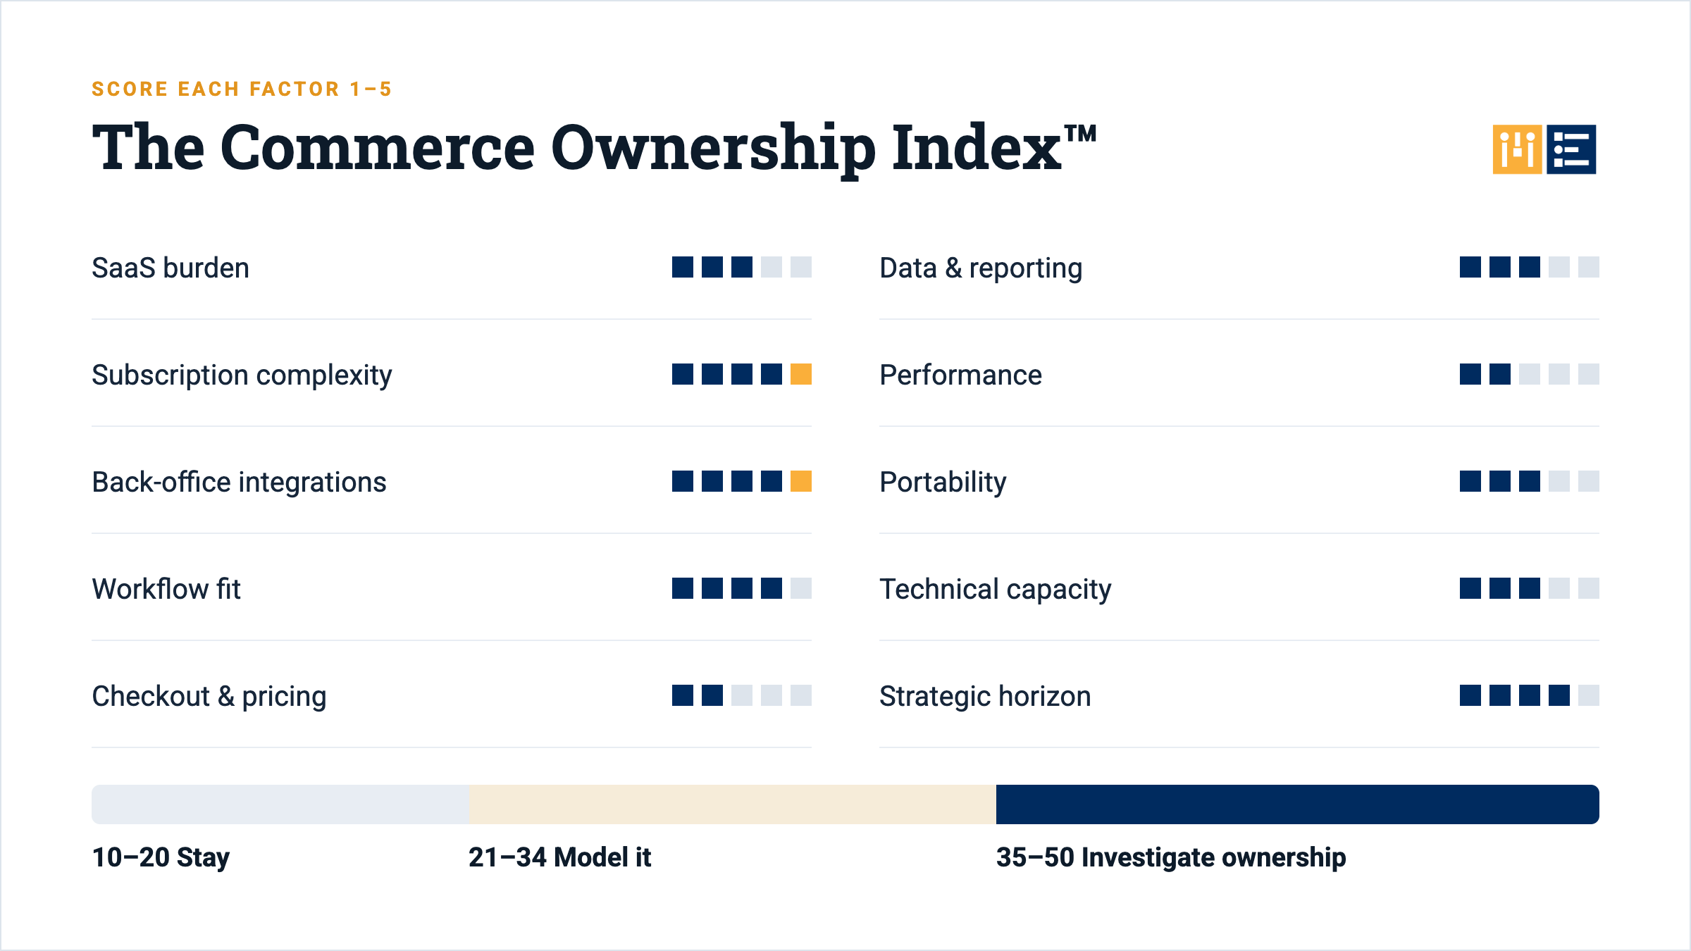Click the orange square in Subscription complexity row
pos(801,374)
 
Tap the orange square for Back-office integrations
pos(801,481)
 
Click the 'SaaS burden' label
pos(171,268)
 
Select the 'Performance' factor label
pos(960,375)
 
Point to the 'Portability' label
pos(943,483)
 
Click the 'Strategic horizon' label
pos(985,697)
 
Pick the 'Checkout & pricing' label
pos(209,697)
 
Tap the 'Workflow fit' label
pos(166,589)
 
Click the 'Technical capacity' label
pos(996,590)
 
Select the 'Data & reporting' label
pos(981,268)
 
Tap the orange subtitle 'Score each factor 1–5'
pos(242,89)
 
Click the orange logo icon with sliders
pos(1517,149)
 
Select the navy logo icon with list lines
pos(1571,149)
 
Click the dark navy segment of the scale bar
pos(1297,804)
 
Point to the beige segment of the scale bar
pos(733,804)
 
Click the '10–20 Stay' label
pos(161,857)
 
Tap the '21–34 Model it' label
pos(559,857)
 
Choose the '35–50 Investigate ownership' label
pos(1171,857)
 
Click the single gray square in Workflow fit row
pos(801,588)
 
